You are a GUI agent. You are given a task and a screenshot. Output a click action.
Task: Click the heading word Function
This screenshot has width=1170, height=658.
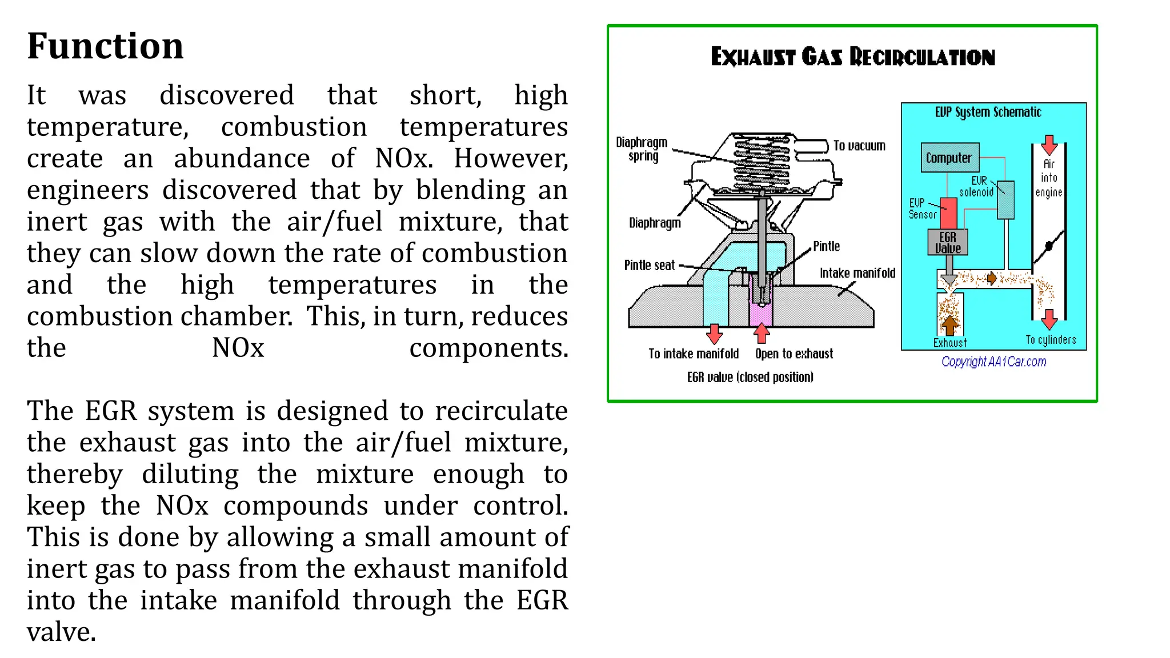pyautogui.click(x=105, y=46)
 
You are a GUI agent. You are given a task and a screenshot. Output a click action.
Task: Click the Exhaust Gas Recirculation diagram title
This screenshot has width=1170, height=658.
pyautogui.click(x=852, y=57)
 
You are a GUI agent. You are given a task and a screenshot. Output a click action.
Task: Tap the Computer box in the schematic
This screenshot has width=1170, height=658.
pyautogui.click(x=949, y=158)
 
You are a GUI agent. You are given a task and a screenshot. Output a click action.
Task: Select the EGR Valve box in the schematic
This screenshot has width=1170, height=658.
pyautogui.click(x=947, y=243)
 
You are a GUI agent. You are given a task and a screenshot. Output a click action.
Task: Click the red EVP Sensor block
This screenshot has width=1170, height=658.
pyautogui.click(x=948, y=212)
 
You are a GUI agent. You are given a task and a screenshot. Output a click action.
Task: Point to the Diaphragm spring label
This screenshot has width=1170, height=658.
pyautogui.click(x=642, y=149)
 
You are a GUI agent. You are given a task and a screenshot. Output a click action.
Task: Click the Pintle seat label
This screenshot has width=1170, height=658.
pyautogui.click(x=650, y=266)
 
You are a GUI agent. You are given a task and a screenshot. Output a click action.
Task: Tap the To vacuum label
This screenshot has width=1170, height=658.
pyautogui.click(x=859, y=146)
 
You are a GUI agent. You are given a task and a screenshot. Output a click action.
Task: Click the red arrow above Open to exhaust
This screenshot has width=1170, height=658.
pyautogui.click(x=762, y=333)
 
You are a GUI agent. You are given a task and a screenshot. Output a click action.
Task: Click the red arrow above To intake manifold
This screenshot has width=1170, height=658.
pyautogui.click(x=714, y=334)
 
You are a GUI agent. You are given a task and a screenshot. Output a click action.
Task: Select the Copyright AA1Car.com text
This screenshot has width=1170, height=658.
pyautogui.click(x=993, y=362)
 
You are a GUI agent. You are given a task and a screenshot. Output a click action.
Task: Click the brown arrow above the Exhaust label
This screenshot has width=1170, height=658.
pyautogui.click(x=949, y=326)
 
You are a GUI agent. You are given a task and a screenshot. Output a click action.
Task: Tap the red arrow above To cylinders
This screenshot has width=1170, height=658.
pyautogui.click(x=1049, y=319)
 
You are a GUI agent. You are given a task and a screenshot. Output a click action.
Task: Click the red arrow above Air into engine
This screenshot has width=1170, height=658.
pyautogui.click(x=1049, y=145)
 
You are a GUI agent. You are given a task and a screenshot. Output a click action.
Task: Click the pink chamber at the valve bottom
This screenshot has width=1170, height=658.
pyautogui.click(x=760, y=315)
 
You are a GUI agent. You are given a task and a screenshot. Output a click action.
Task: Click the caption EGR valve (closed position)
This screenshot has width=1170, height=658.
pyautogui.click(x=750, y=377)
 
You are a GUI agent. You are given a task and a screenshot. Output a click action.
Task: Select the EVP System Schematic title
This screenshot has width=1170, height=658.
pyautogui.click(x=988, y=113)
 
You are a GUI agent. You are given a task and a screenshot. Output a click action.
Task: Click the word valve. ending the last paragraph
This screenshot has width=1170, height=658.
pyautogui.click(x=62, y=632)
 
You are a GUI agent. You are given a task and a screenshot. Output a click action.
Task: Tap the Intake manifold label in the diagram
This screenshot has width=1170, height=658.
pyautogui.click(x=858, y=274)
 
